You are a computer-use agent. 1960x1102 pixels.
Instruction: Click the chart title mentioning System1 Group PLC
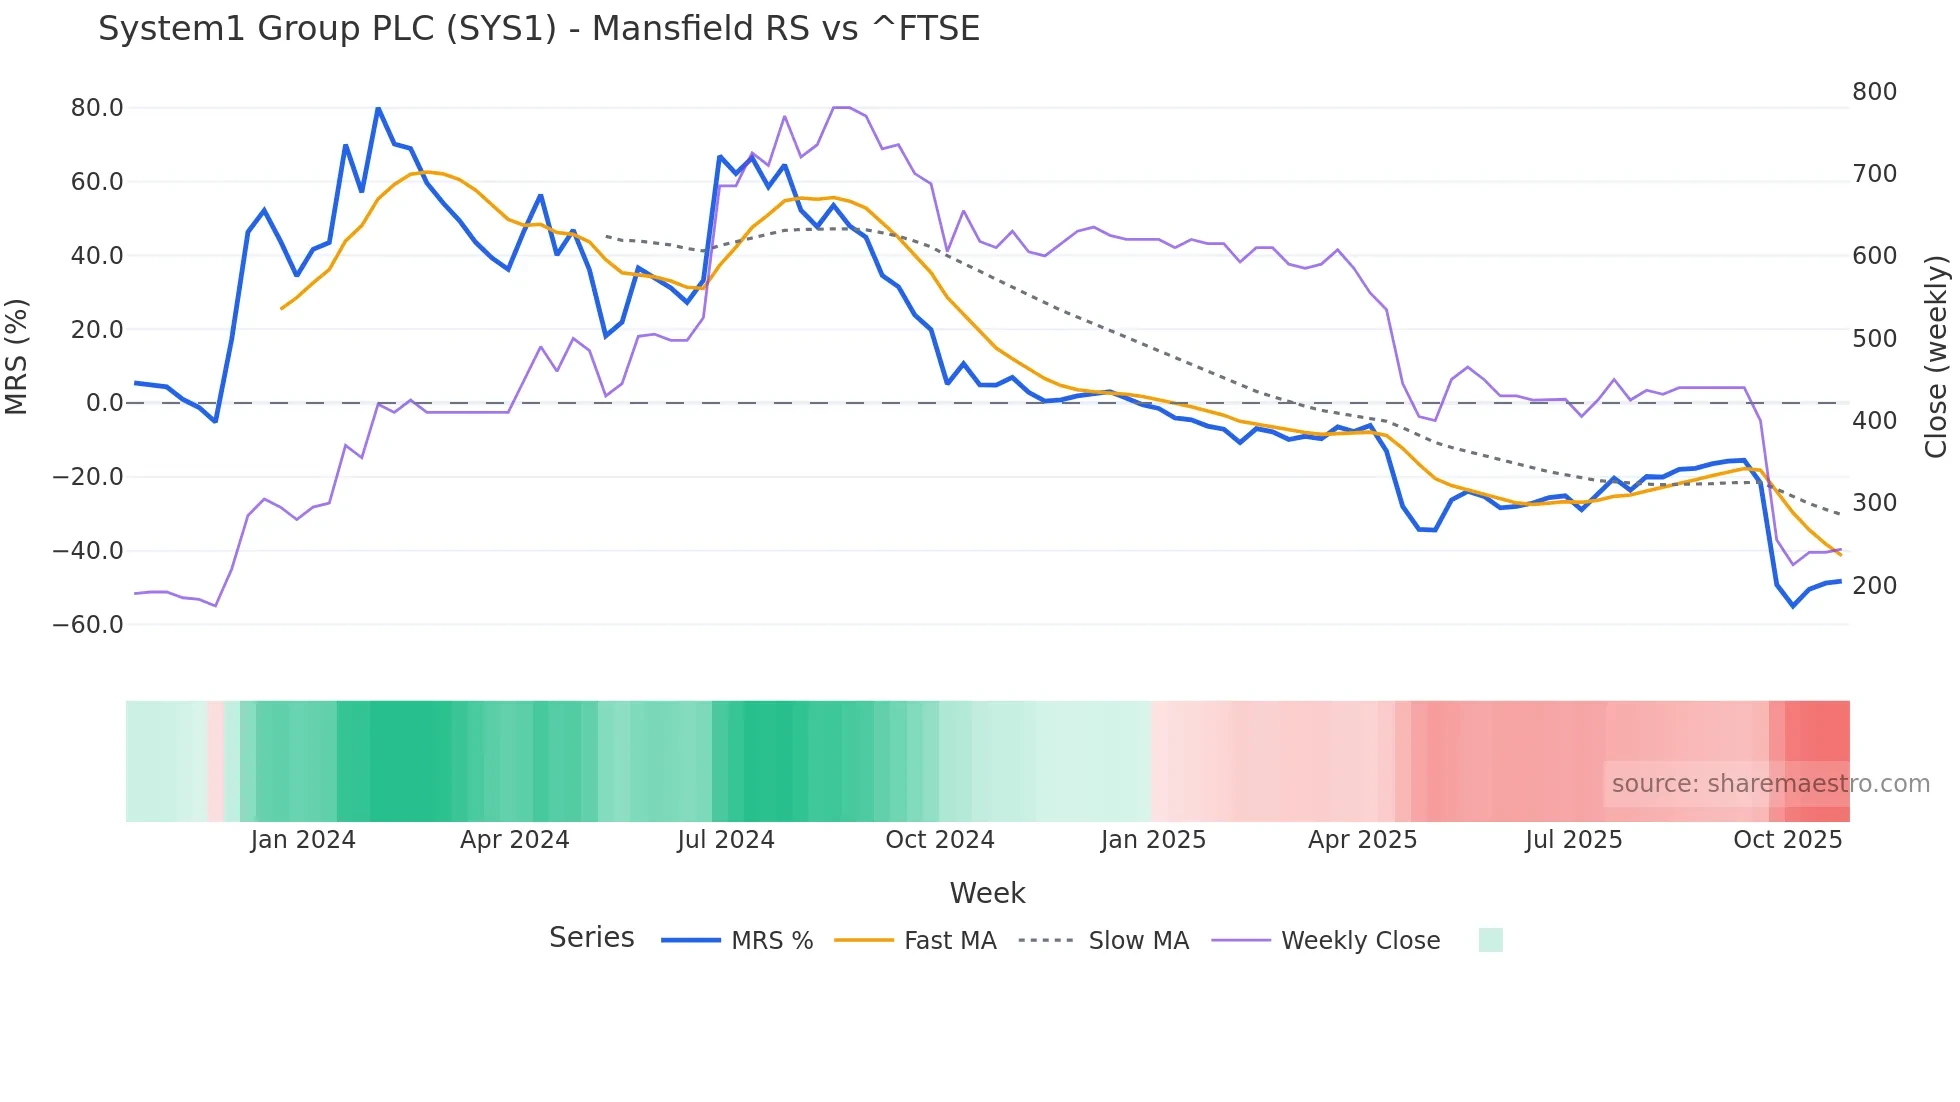[538, 29]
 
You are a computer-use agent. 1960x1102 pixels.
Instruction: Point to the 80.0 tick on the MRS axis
[97, 108]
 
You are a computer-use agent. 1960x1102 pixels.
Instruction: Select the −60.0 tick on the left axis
[88, 625]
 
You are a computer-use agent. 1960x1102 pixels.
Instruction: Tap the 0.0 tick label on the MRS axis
[104, 403]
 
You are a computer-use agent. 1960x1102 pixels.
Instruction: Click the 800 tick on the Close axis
[1874, 92]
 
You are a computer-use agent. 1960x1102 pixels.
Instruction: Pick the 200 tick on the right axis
[1874, 586]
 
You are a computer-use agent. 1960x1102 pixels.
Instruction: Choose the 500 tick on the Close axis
[1874, 339]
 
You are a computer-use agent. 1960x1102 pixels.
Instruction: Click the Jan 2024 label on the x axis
[302, 840]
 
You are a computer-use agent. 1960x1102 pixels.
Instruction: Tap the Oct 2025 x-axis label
[1787, 840]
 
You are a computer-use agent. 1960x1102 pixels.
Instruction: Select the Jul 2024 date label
[725, 840]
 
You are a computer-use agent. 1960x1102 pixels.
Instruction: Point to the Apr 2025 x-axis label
[1362, 840]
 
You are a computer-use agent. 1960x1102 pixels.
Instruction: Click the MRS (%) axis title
[17, 357]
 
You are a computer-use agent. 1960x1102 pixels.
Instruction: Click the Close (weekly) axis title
[1936, 357]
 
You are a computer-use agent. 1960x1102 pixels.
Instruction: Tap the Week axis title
[987, 893]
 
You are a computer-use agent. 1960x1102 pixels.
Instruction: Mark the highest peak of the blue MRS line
[378, 108]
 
